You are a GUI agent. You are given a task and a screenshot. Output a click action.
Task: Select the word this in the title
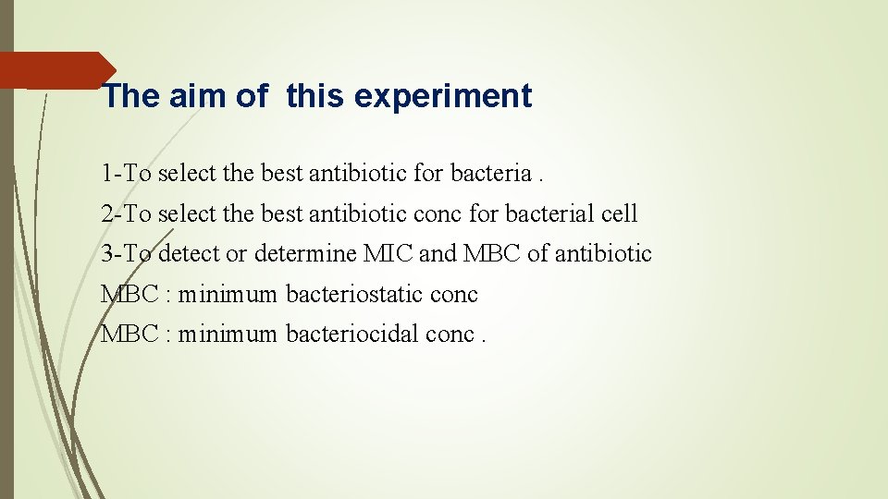311,96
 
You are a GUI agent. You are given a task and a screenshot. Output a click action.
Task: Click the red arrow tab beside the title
55,70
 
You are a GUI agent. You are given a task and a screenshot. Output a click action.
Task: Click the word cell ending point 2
617,213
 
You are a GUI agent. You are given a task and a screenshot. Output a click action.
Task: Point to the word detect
190,253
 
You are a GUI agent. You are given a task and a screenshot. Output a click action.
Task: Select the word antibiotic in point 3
603,253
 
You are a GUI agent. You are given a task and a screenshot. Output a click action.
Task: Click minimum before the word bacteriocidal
228,334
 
